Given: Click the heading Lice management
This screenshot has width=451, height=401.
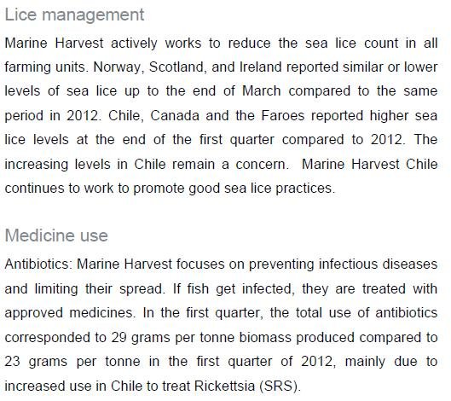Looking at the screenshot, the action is pos(74,15).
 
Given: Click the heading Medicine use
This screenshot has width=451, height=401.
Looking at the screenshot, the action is pos(56,235).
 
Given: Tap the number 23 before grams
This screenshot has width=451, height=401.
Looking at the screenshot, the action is pos(14,360).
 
